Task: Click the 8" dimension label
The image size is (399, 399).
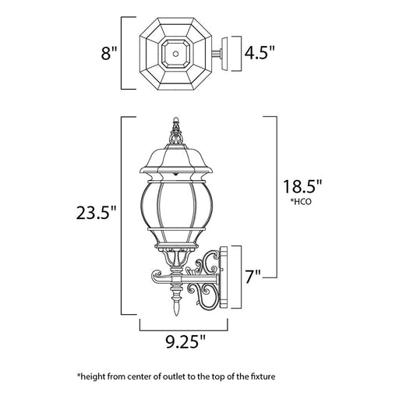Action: tap(108, 54)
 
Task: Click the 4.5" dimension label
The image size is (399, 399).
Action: tap(259, 53)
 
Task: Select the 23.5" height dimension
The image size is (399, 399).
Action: tap(96, 212)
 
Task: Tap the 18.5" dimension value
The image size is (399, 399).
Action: tap(302, 186)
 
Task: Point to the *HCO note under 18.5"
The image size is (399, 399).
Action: tap(301, 202)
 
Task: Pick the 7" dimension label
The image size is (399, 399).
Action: tap(252, 277)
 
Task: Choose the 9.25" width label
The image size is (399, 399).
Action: tap(185, 341)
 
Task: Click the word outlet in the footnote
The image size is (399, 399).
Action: tap(171, 376)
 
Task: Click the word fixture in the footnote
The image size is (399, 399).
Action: tap(263, 376)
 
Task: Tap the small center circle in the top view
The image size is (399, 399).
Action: tap(176, 54)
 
